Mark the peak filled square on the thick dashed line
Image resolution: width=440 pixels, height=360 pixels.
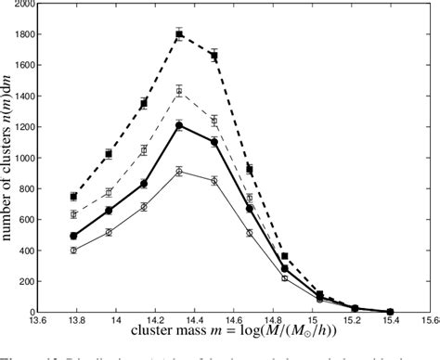point(179,34)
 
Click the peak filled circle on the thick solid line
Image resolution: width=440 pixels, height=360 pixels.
point(179,124)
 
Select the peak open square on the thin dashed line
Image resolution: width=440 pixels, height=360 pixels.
point(179,91)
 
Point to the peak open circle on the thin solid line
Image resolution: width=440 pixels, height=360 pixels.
point(179,171)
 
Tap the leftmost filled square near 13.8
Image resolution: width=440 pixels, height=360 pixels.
point(73,197)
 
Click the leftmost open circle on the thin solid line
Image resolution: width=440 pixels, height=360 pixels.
point(73,251)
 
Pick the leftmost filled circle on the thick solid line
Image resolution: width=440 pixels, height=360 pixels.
point(73,236)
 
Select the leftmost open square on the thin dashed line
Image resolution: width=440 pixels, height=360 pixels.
point(73,214)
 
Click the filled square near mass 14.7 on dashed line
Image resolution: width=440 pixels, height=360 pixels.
point(250,169)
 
